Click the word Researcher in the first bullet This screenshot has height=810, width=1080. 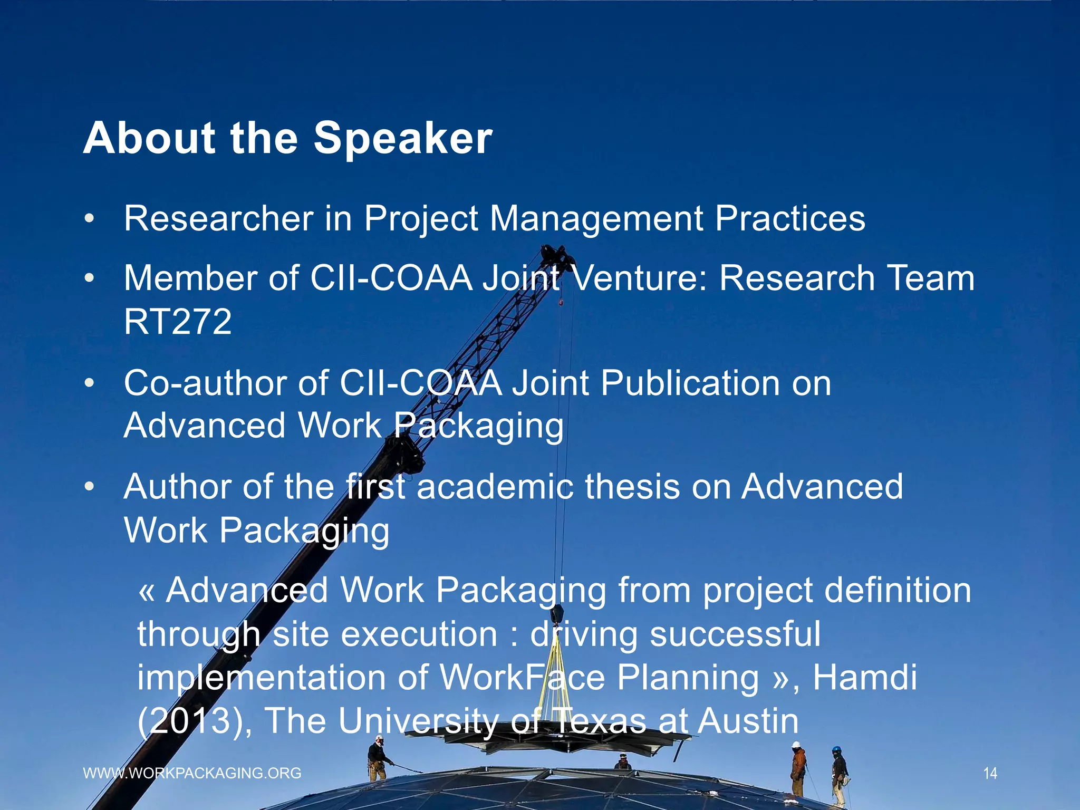[x=218, y=218]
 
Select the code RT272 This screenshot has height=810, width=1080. [x=178, y=322]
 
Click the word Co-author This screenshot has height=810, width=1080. [x=205, y=383]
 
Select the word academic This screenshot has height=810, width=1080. [x=495, y=487]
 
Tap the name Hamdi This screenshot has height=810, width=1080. [x=865, y=678]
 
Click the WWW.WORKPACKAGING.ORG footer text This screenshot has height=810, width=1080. [x=192, y=773]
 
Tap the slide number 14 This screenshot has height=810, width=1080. [x=990, y=774]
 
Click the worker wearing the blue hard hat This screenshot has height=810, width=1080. [x=839, y=773]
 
